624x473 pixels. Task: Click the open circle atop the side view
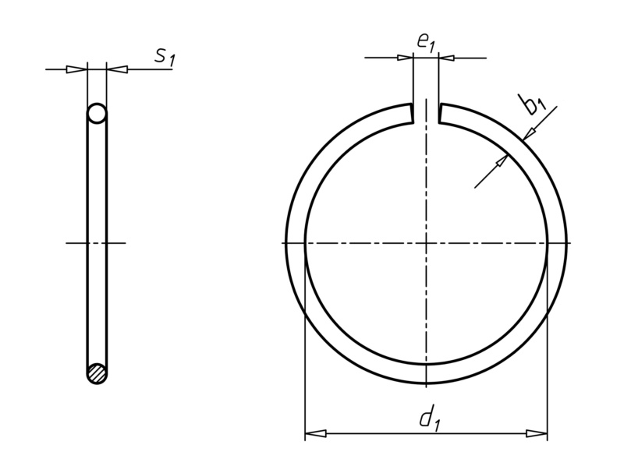pos(97,115)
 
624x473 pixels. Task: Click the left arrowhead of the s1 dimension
pos(76,70)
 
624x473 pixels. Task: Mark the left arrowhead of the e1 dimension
pos(403,57)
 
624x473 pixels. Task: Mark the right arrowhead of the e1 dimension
pos(448,57)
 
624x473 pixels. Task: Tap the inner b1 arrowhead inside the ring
pos(501,161)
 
